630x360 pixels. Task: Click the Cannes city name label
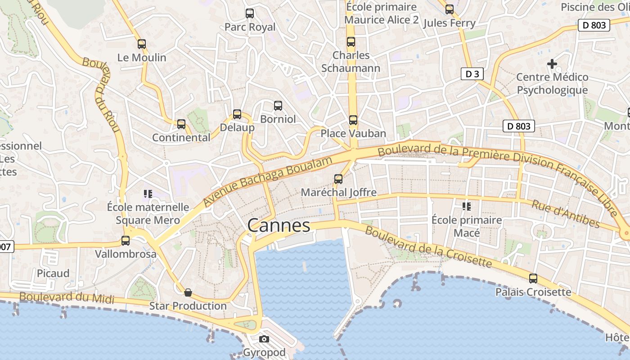tap(279, 225)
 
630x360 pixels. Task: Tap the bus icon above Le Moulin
tap(142, 44)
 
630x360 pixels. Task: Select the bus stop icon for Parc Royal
tap(250, 13)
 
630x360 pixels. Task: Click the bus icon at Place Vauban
tap(353, 120)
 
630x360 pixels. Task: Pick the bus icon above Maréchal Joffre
tap(338, 179)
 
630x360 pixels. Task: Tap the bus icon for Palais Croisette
tap(533, 279)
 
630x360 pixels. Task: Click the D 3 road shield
tap(472, 74)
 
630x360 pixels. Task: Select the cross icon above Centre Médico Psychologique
tap(552, 64)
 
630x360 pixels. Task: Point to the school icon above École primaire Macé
tap(466, 207)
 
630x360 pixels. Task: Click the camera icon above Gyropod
tap(264, 339)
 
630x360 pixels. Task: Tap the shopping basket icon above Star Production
tap(188, 292)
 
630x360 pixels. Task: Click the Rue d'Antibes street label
tap(566, 214)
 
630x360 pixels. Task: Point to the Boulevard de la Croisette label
tap(428, 247)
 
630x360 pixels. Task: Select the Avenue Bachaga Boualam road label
tap(269, 181)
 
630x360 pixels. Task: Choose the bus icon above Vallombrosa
tap(126, 241)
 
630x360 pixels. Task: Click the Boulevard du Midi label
tap(67, 297)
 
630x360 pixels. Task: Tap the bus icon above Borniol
tap(278, 106)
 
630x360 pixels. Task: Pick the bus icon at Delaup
tap(237, 114)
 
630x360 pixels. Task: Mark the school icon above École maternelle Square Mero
tap(148, 194)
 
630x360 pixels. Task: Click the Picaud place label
tap(53, 273)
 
